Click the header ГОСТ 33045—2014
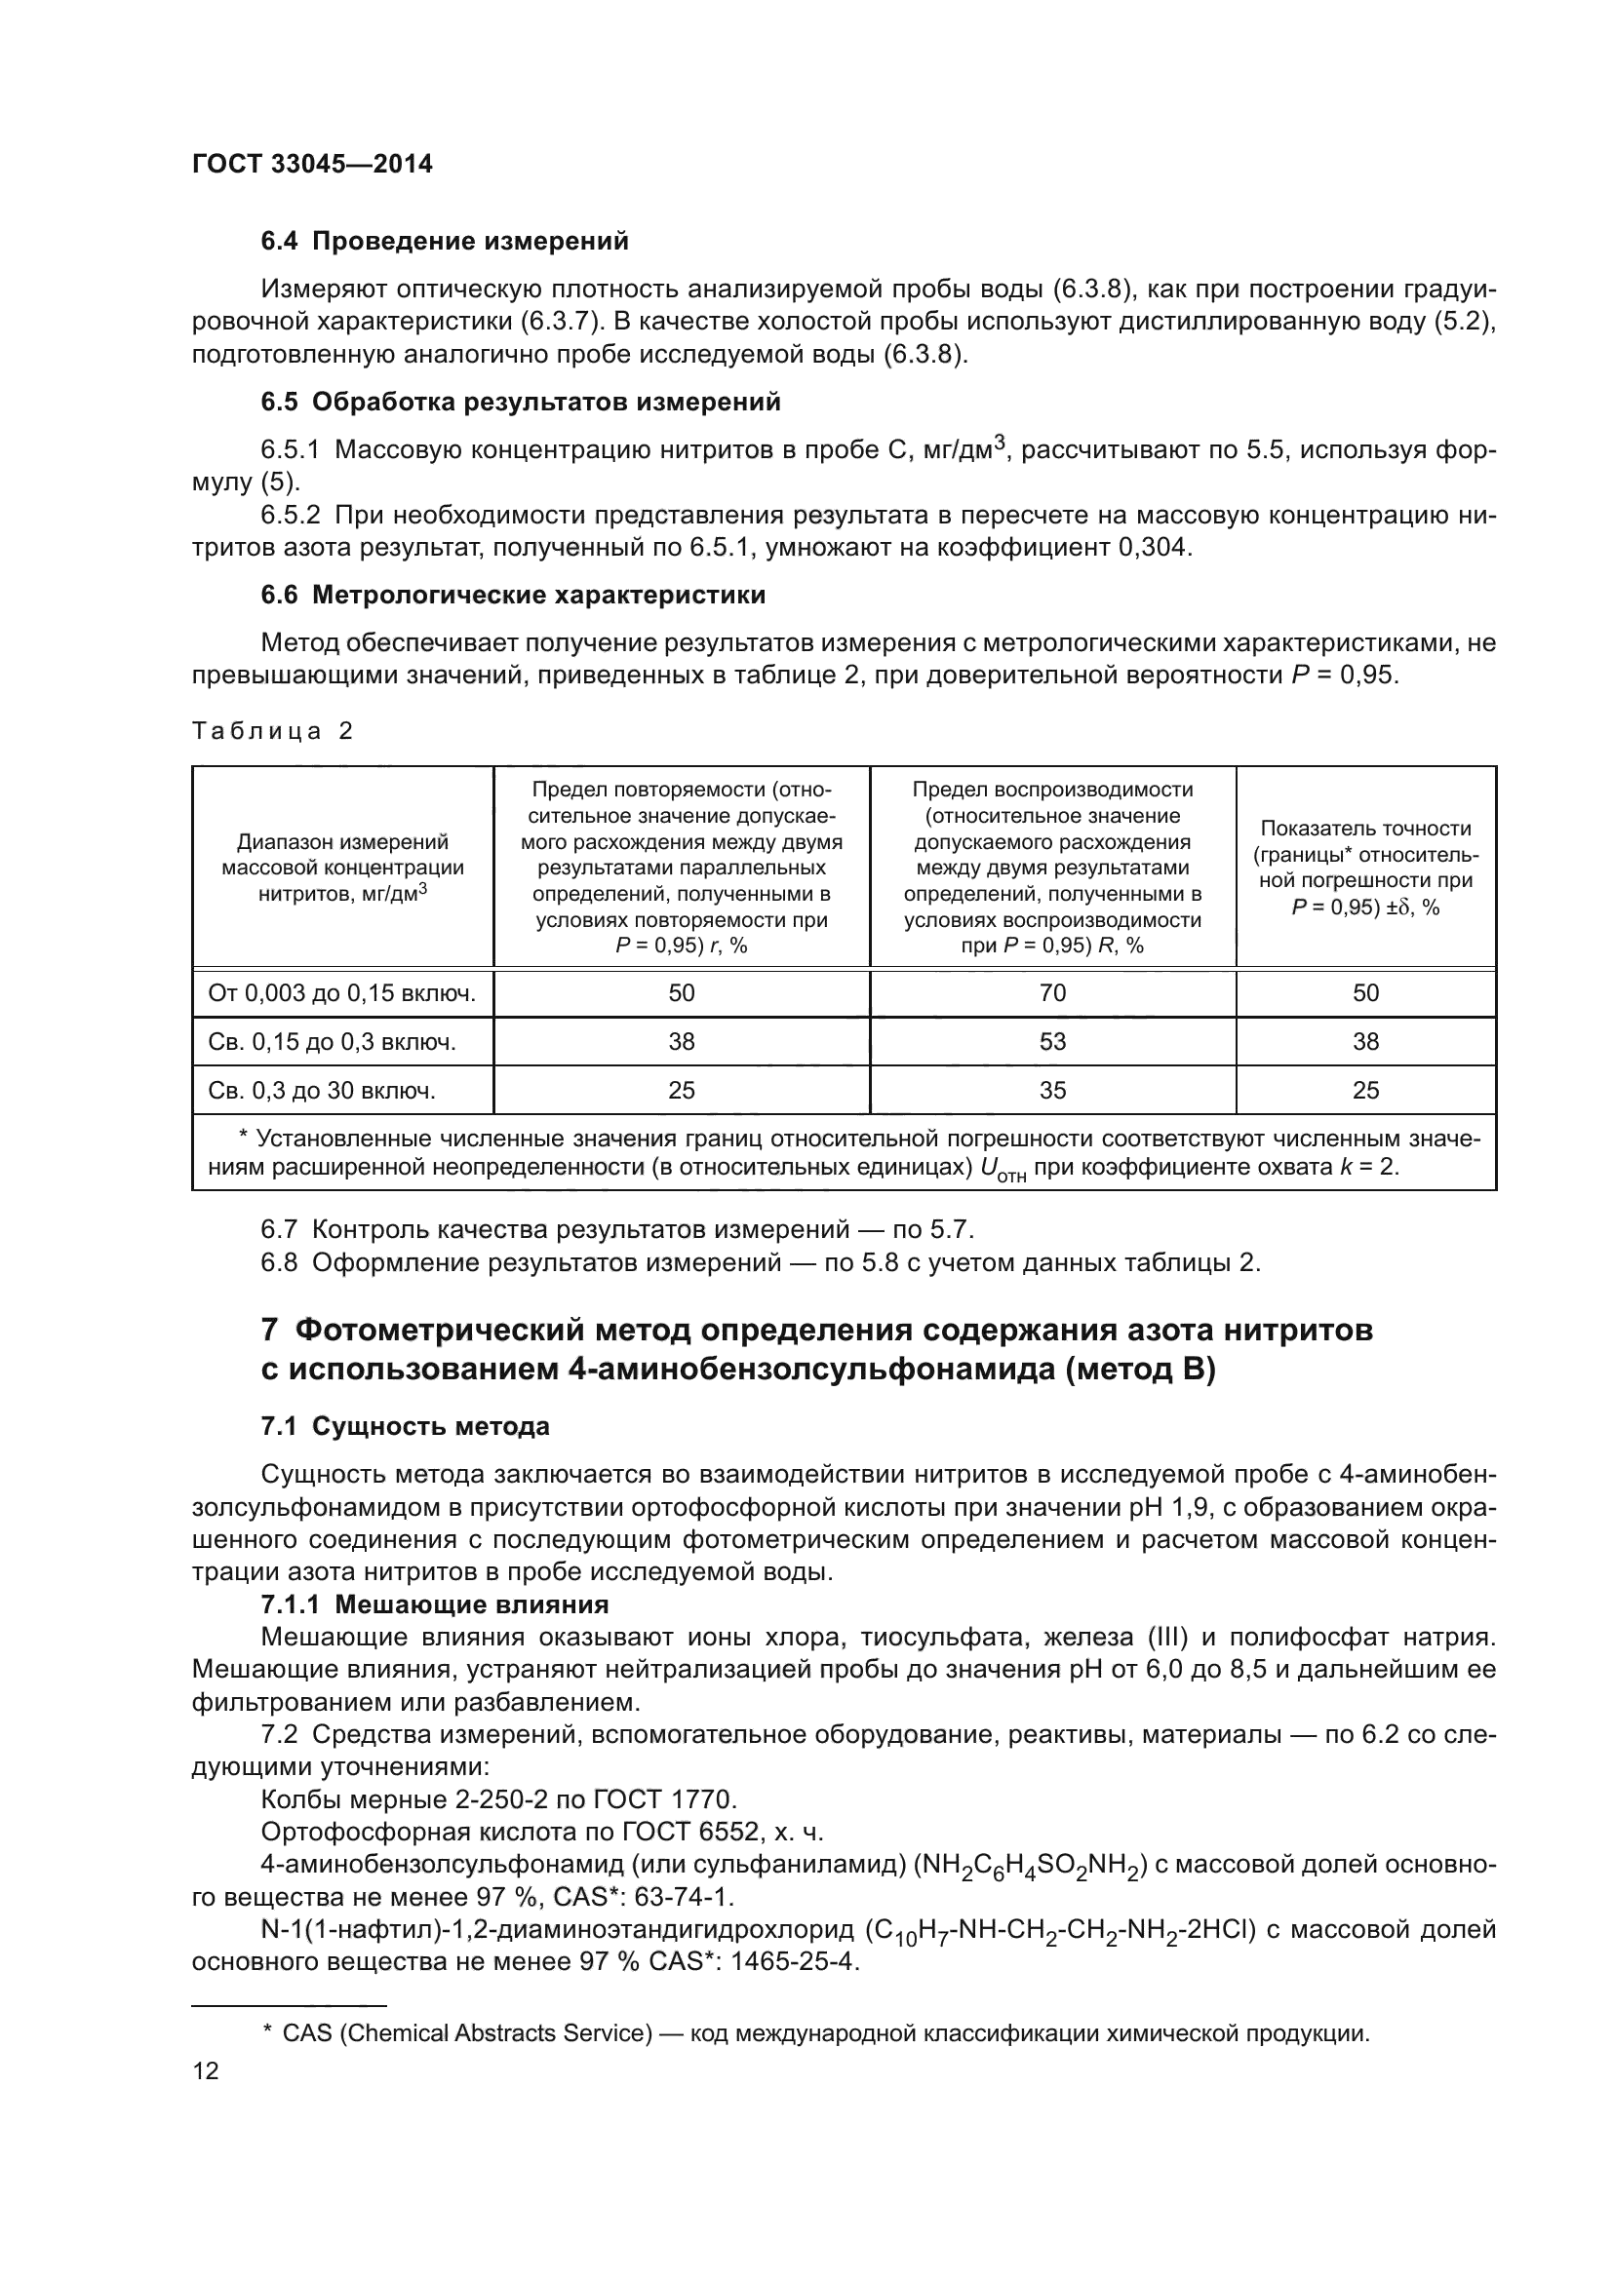(x=312, y=165)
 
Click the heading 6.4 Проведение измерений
(x=445, y=242)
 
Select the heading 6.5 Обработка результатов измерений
(x=521, y=403)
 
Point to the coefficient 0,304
(x=1153, y=547)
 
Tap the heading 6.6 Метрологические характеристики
(x=513, y=596)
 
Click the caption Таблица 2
(x=272, y=732)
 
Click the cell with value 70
(x=1052, y=994)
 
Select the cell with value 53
(x=1052, y=1042)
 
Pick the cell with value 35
(x=1052, y=1091)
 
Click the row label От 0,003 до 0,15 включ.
(x=341, y=994)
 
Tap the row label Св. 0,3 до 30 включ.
(x=322, y=1091)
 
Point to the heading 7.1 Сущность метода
(x=405, y=1427)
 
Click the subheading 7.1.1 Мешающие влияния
(x=434, y=1604)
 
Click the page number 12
(x=206, y=2071)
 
